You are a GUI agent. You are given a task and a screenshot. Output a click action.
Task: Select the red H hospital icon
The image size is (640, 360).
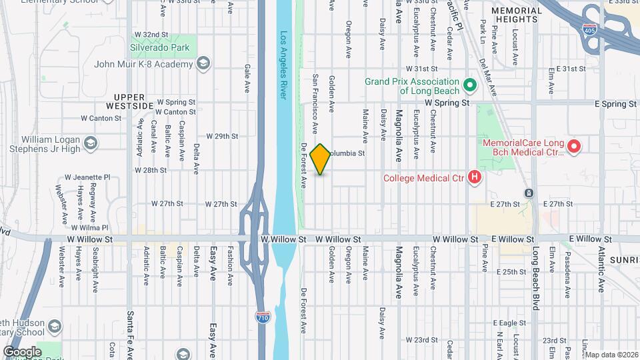[x=474, y=177]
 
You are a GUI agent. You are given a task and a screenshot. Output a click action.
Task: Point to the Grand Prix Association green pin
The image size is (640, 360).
[x=469, y=85]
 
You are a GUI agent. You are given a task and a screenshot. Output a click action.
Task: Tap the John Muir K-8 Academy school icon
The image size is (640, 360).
[x=203, y=64]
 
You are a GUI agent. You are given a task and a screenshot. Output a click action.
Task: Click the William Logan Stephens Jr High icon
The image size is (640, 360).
[x=90, y=143]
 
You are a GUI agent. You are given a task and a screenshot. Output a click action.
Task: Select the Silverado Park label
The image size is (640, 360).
[x=160, y=48]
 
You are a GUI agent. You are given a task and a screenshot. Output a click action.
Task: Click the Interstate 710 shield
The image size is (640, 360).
[x=263, y=317]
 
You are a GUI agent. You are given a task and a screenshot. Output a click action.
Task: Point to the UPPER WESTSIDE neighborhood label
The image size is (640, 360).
[x=134, y=101]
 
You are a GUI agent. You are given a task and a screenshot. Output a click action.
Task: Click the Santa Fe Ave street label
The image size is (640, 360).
[x=131, y=333]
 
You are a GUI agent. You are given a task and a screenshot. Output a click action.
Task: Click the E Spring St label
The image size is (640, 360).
[x=615, y=104]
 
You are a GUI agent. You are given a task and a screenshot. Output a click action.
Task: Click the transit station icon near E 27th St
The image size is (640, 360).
[x=528, y=193]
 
